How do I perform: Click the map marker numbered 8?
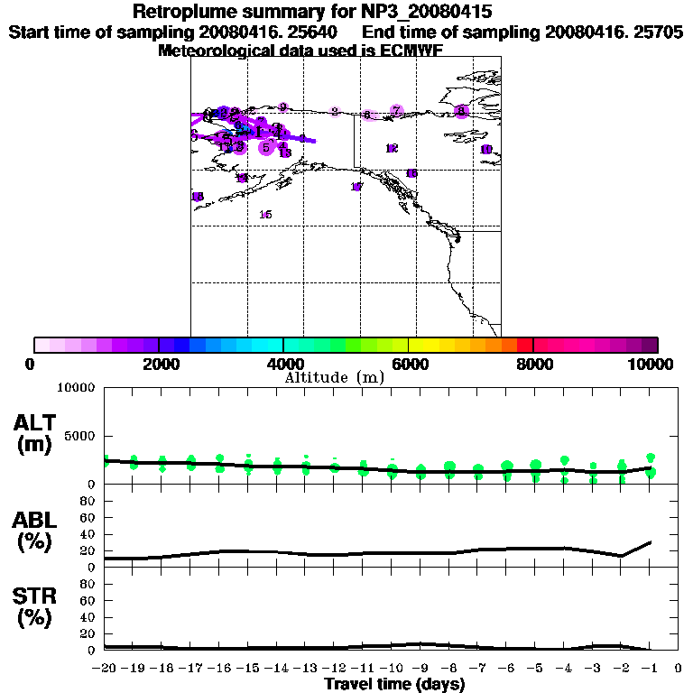tap(462, 111)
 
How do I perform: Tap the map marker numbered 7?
tap(396, 111)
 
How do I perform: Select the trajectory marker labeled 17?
tap(356, 187)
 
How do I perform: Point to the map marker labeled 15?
tap(265, 215)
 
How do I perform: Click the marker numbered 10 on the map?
tap(485, 150)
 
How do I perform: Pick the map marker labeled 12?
tap(392, 149)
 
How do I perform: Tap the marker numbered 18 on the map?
tap(198, 197)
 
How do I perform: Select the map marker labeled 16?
tap(411, 173)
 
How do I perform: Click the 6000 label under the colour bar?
tap(410, 364)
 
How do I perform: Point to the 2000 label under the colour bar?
tap(159, 364)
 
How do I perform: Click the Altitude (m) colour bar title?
tap(335, 377)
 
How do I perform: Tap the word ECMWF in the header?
tap(407, 51)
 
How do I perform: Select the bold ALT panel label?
tap(34, 423)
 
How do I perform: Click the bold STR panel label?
tap(34, 596)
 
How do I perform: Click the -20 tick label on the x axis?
tap(104, 669)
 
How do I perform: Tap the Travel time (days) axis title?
tap(394, 685)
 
